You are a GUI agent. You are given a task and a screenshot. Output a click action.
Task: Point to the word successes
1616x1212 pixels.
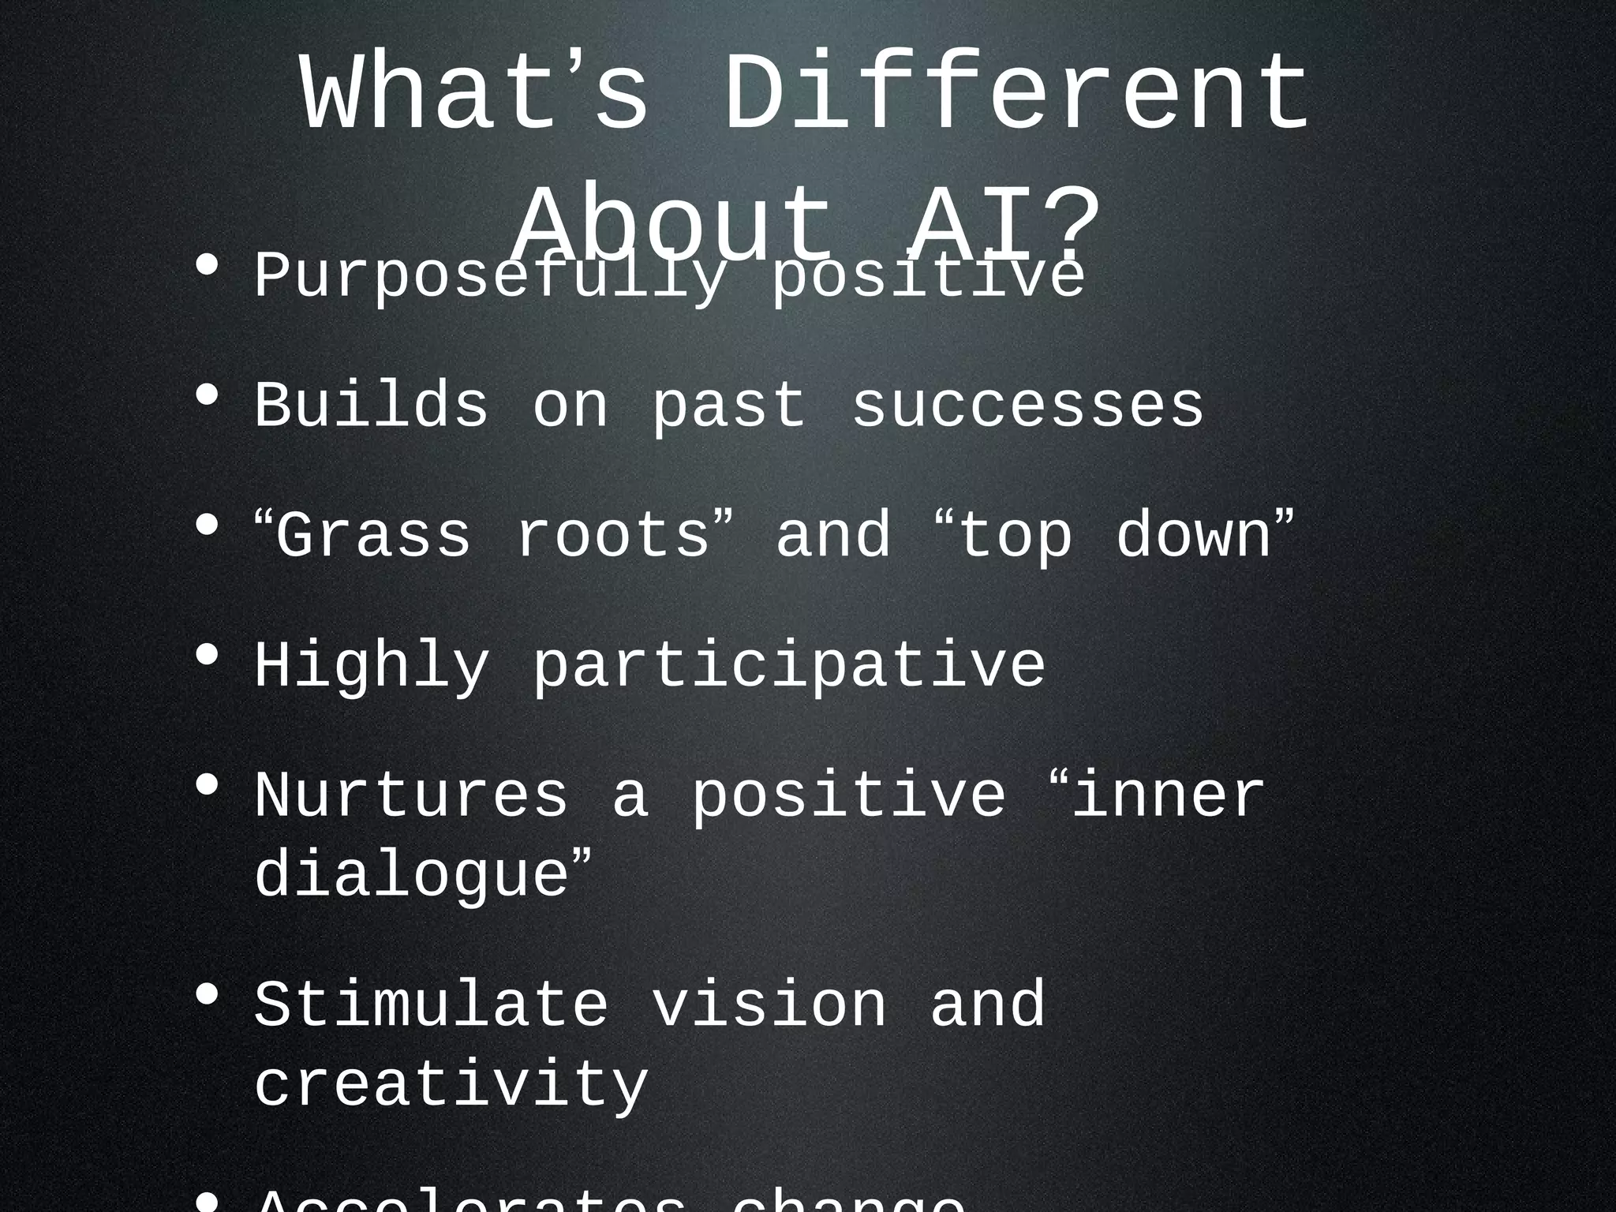click(1027, 406)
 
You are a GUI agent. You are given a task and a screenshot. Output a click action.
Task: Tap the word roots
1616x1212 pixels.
click(613, 537)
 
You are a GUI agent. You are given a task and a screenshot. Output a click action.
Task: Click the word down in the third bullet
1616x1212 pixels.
click(1193, 537)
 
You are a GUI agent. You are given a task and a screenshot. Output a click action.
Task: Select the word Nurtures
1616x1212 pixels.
click(410, 797)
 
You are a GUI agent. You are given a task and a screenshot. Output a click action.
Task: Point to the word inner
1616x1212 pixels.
click(1168, 797)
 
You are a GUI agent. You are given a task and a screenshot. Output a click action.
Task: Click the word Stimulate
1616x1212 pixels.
click(431, 1006)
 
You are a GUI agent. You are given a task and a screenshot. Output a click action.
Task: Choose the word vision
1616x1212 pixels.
click(769, 1006)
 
